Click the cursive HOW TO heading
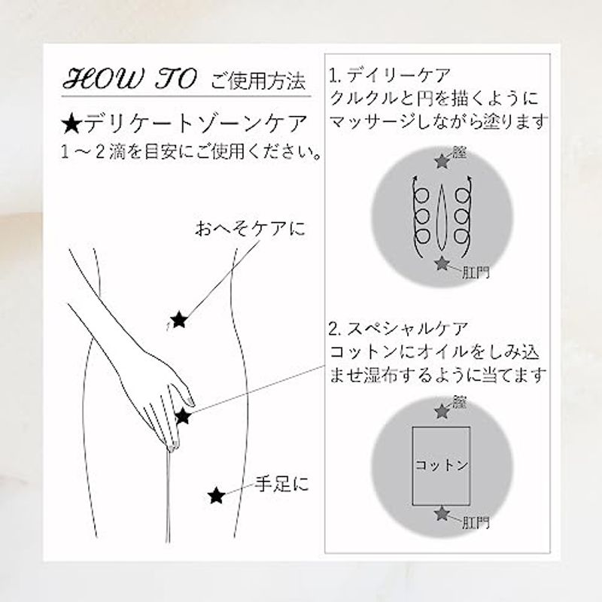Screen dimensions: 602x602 click(129, 79)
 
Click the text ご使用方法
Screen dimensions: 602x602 click(258, 81)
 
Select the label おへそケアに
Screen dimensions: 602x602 click(250, 229)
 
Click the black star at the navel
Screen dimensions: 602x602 click(179, 320)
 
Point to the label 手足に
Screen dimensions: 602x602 click(282, 483)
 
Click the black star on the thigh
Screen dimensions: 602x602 click(216, 496)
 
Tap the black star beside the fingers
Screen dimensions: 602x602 click(183, 416)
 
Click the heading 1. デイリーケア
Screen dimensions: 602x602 click(389, 75)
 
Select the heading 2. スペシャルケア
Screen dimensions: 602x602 click(399, 329)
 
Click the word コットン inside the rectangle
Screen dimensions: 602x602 click(442, 465)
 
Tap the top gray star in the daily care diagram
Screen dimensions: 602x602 click(442, 161)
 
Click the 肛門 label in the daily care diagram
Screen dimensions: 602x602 click(476, 272)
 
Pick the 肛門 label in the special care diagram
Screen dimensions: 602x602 click(476, 522)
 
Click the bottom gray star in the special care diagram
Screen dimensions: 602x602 click(442, 513)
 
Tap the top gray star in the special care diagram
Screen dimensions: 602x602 click(442, 411)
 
